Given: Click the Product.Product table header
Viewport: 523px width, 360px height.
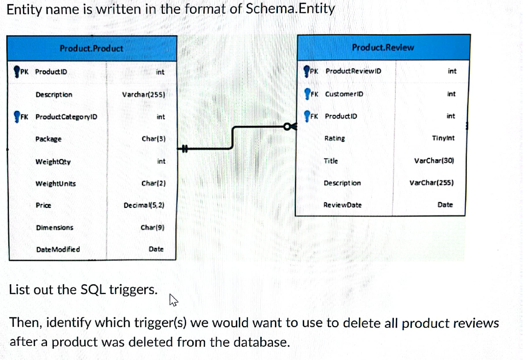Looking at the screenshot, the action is click(x=91, y=48).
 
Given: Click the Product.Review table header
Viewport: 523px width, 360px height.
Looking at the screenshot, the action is click(x=383, y=47).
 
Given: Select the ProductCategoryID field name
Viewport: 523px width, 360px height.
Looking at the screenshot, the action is click(x=66, y=116).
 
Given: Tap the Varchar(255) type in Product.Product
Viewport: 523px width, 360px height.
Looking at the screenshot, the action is click(x=143, y=94).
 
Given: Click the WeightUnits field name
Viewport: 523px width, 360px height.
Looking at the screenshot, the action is click(x=55, y=183).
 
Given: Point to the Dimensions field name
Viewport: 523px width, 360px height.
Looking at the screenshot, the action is click(x=54, y=227).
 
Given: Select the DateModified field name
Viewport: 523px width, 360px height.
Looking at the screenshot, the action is click(x=58, y=249).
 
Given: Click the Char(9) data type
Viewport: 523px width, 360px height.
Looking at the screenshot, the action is click(x=153, y=227).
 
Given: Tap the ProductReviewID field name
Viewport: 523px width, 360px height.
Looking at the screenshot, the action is click(x=353, y=71).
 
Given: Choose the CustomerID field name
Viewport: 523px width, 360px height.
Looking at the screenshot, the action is click(x=344, y=93).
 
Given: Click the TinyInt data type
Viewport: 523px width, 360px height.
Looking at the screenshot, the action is click(x=443, y=138).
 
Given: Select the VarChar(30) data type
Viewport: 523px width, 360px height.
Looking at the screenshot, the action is click(x=434, y=160).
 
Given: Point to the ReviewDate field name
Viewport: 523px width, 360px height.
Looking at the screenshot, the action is click(x=342, y=205).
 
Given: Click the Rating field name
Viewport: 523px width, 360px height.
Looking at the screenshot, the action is click(x=334, y=138).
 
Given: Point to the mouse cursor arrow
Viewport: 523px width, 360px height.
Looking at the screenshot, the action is click(x=172, y=299).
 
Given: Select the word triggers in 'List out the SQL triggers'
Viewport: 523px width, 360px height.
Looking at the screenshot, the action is click(x=133, y=290).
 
